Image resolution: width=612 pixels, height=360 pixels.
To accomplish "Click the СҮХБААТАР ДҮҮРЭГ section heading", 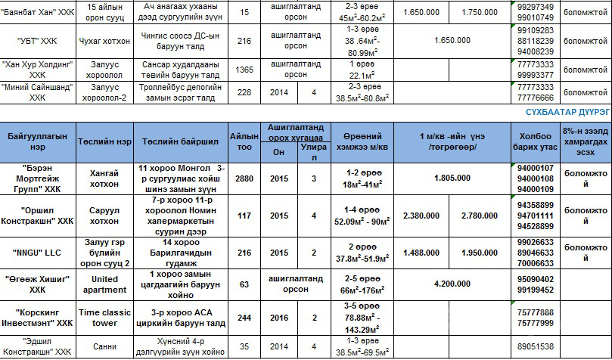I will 568,112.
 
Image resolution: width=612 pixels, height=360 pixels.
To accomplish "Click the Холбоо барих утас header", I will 537,141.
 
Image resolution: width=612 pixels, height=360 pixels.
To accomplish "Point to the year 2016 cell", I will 279,318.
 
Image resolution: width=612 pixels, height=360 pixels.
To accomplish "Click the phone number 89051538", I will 537,346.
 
